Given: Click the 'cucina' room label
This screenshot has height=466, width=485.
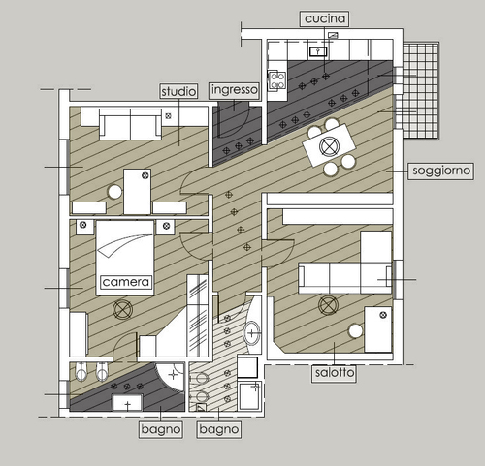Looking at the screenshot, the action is point(325,18).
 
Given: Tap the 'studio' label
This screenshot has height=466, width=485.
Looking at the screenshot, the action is point(178,91).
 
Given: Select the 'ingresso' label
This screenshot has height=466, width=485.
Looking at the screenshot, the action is point(235,90).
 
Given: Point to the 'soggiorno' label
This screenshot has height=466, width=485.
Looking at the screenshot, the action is point(441,171).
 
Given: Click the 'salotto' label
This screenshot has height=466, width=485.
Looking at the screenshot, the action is point(335,373).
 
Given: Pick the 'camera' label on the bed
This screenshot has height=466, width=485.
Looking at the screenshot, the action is point(126,282).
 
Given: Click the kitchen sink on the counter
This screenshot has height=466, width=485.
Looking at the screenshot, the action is point(318,51).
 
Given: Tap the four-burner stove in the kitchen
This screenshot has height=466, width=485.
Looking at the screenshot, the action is point(277,80).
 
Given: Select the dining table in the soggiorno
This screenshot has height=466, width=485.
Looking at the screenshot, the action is point(329,145).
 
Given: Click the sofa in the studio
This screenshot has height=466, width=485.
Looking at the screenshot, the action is point(130,124).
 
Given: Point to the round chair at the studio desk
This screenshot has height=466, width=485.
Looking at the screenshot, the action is point(114,192).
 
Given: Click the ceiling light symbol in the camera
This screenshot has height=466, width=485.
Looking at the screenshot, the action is point(122,309).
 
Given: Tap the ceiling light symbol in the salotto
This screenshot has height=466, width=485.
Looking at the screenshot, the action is point(328,305).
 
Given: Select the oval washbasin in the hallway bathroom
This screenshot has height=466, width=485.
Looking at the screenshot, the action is point(252,333).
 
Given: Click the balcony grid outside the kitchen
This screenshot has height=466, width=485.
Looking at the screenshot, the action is point(421,91).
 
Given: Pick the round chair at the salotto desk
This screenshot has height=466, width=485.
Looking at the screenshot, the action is point(355,331).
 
